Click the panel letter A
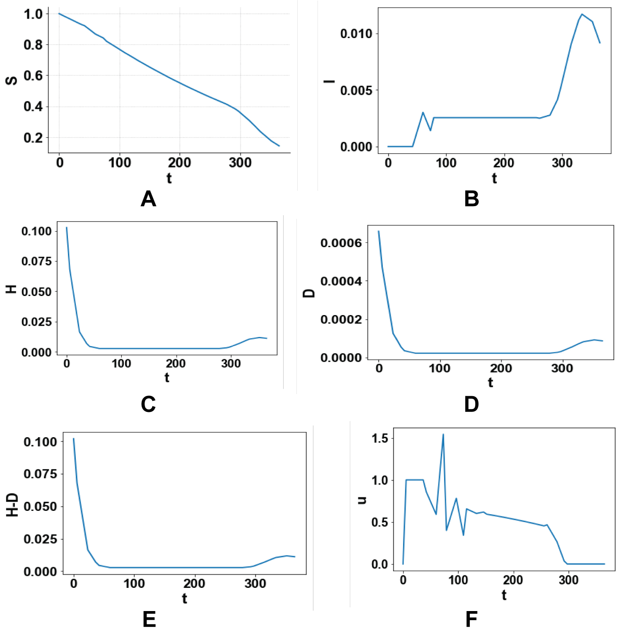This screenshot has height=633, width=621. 148,199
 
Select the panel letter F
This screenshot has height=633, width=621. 471,620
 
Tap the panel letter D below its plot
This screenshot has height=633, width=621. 471,404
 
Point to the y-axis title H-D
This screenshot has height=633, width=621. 12,505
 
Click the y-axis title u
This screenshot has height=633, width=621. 362,500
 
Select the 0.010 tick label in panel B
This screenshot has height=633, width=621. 356,34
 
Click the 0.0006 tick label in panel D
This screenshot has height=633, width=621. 341,243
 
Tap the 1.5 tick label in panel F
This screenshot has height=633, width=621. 380,438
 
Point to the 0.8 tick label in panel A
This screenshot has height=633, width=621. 33,45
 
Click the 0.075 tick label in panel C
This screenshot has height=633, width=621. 36,261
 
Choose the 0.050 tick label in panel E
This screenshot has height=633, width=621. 40,506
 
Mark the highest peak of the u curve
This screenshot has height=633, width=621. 443,434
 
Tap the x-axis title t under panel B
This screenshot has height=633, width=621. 494,179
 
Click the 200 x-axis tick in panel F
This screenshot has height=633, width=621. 513,580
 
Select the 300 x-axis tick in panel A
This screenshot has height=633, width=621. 240,163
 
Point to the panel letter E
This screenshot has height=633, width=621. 149,620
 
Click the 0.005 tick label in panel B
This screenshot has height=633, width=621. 356,90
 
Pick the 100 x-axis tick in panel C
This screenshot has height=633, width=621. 121,363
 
